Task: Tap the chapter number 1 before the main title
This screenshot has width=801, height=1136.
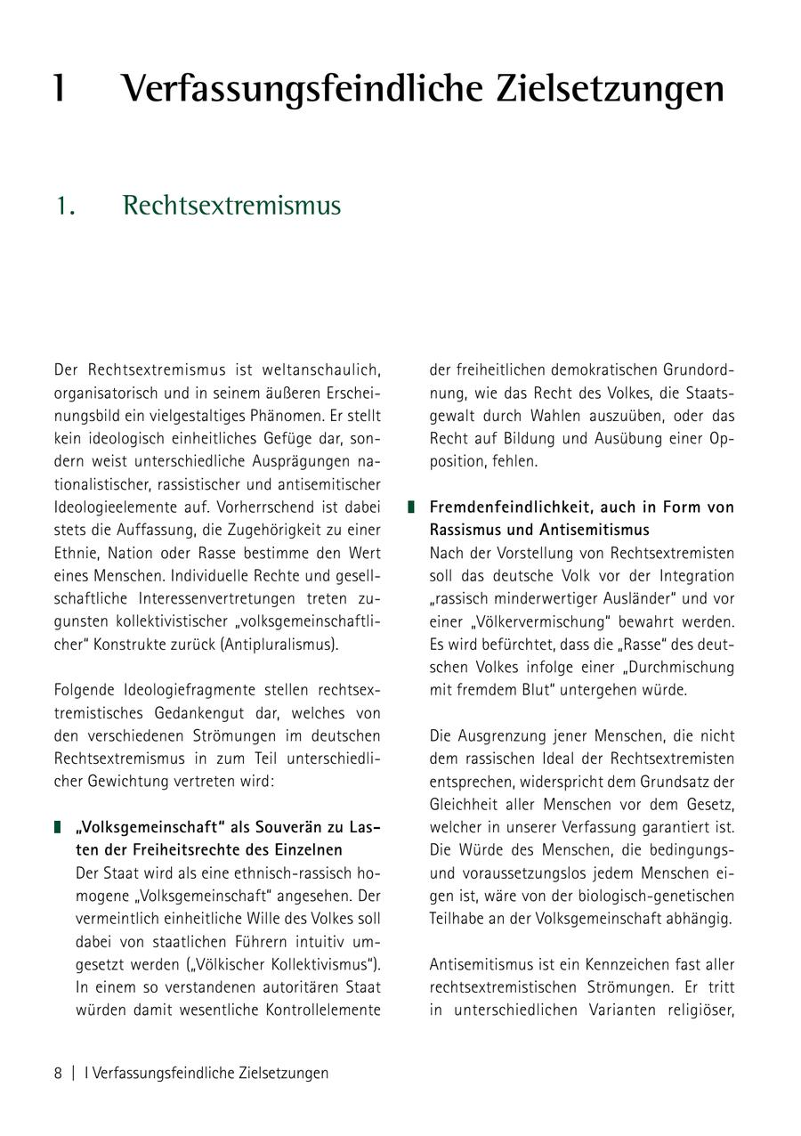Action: tap(60, 89)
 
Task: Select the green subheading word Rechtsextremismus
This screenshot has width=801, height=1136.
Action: tap(231, 206)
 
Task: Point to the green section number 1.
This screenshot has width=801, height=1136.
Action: tap(62, 207)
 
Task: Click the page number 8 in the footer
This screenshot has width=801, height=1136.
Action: tap(58, 1073)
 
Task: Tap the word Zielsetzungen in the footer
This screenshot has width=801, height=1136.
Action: tap(284, 1073)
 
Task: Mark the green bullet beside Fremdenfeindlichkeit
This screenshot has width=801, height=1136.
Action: tap(411, 507)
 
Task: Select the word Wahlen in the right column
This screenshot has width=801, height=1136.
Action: tap(559, 415)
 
